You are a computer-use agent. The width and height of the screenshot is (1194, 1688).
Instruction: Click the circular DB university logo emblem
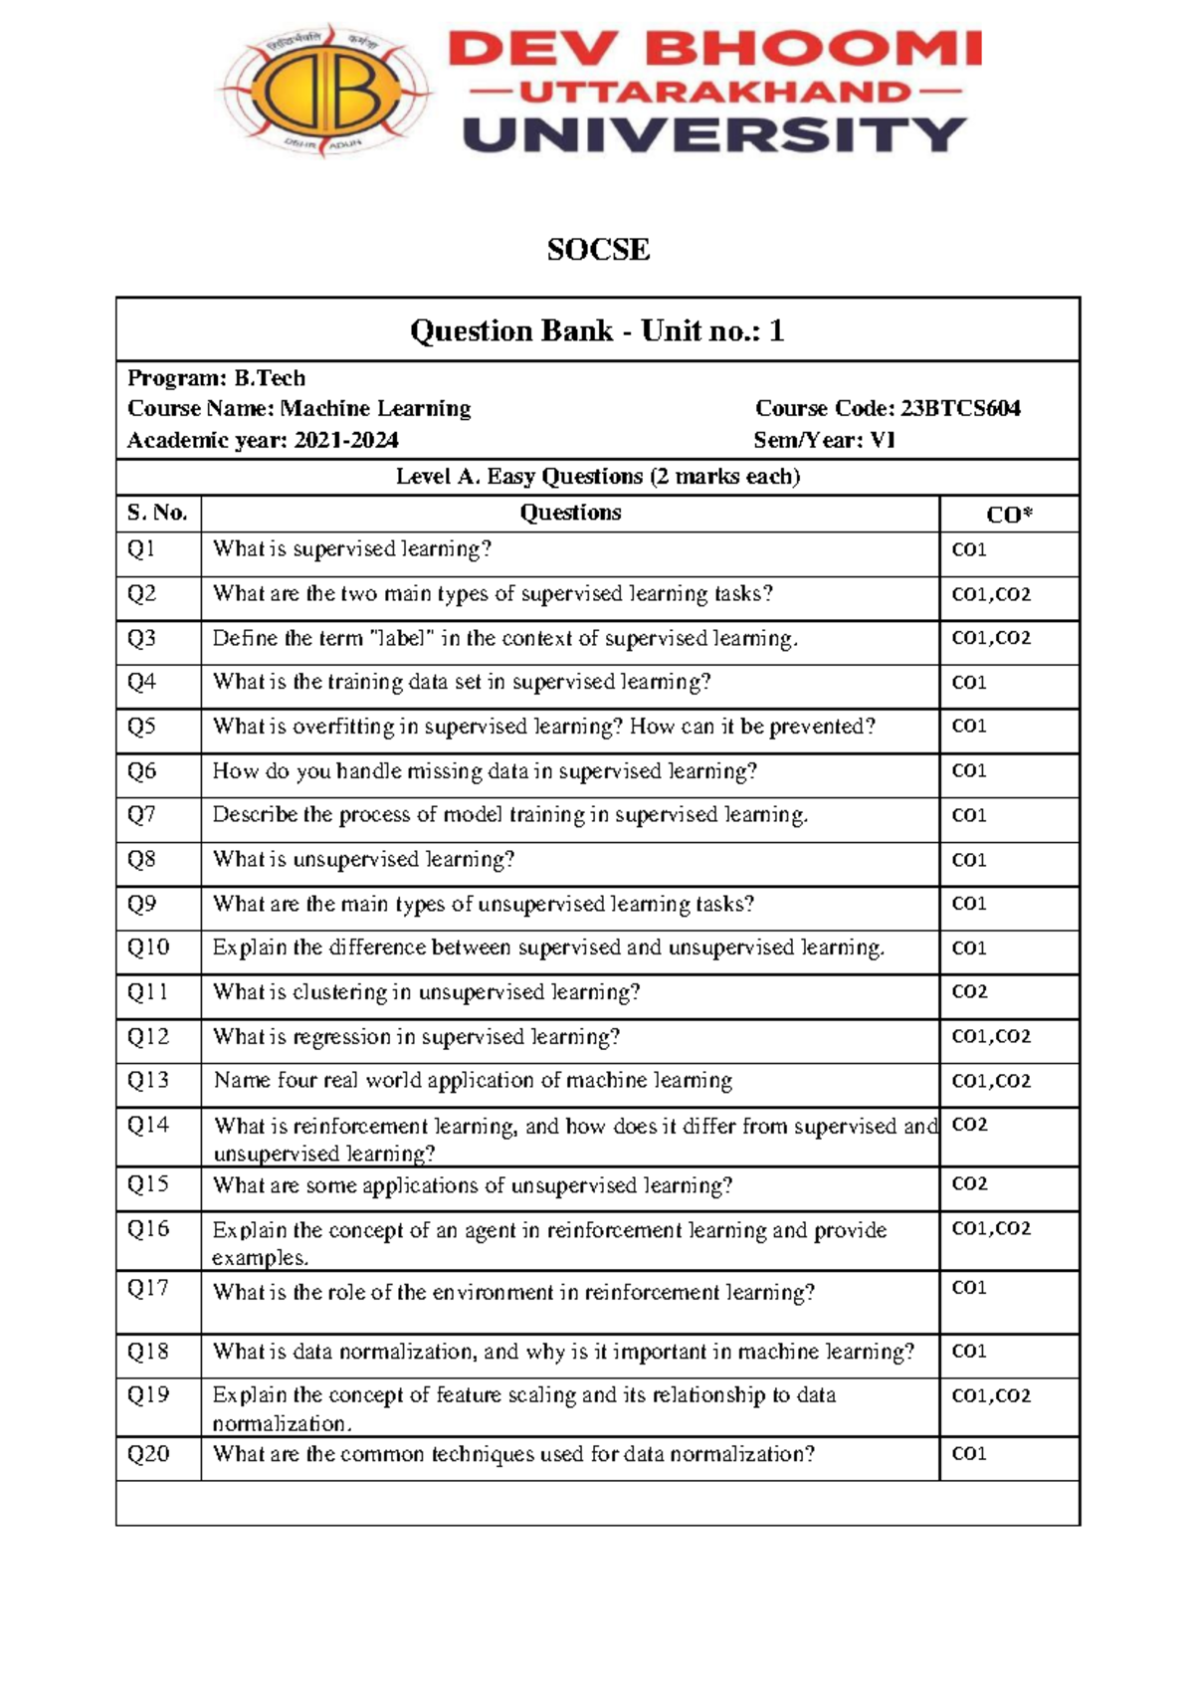tap(324, 91)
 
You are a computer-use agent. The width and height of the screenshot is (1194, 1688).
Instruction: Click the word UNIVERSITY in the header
tap(714, 135)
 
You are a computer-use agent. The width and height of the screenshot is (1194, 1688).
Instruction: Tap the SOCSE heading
tap(598, 249)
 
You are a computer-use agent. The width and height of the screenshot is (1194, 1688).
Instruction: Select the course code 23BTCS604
tap(960, 408)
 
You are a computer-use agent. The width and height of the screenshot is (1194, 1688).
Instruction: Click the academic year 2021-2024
tap(345, 440)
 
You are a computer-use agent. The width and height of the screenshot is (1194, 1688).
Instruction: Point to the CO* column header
tap(1008, 515)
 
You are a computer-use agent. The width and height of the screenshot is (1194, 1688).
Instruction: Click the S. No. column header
tap(157, 513)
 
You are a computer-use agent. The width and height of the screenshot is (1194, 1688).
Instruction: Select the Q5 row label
tap(141, 727)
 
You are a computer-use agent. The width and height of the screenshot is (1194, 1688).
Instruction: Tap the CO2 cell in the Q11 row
tap(969, 991)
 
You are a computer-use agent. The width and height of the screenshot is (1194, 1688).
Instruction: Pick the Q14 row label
tap(148, 1125)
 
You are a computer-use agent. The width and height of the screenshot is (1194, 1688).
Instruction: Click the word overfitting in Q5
tap(343, 727)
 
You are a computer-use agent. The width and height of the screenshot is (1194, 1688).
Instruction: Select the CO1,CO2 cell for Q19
tap(991, 1395)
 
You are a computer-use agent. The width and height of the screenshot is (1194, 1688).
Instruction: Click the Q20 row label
tap(148, 1454)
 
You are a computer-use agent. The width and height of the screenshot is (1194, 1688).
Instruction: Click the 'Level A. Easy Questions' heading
tap(598, 477)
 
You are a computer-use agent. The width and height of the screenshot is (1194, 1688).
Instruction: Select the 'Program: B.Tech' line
tap(216, 378)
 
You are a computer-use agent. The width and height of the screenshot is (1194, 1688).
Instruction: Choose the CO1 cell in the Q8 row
tap(969, 860)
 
